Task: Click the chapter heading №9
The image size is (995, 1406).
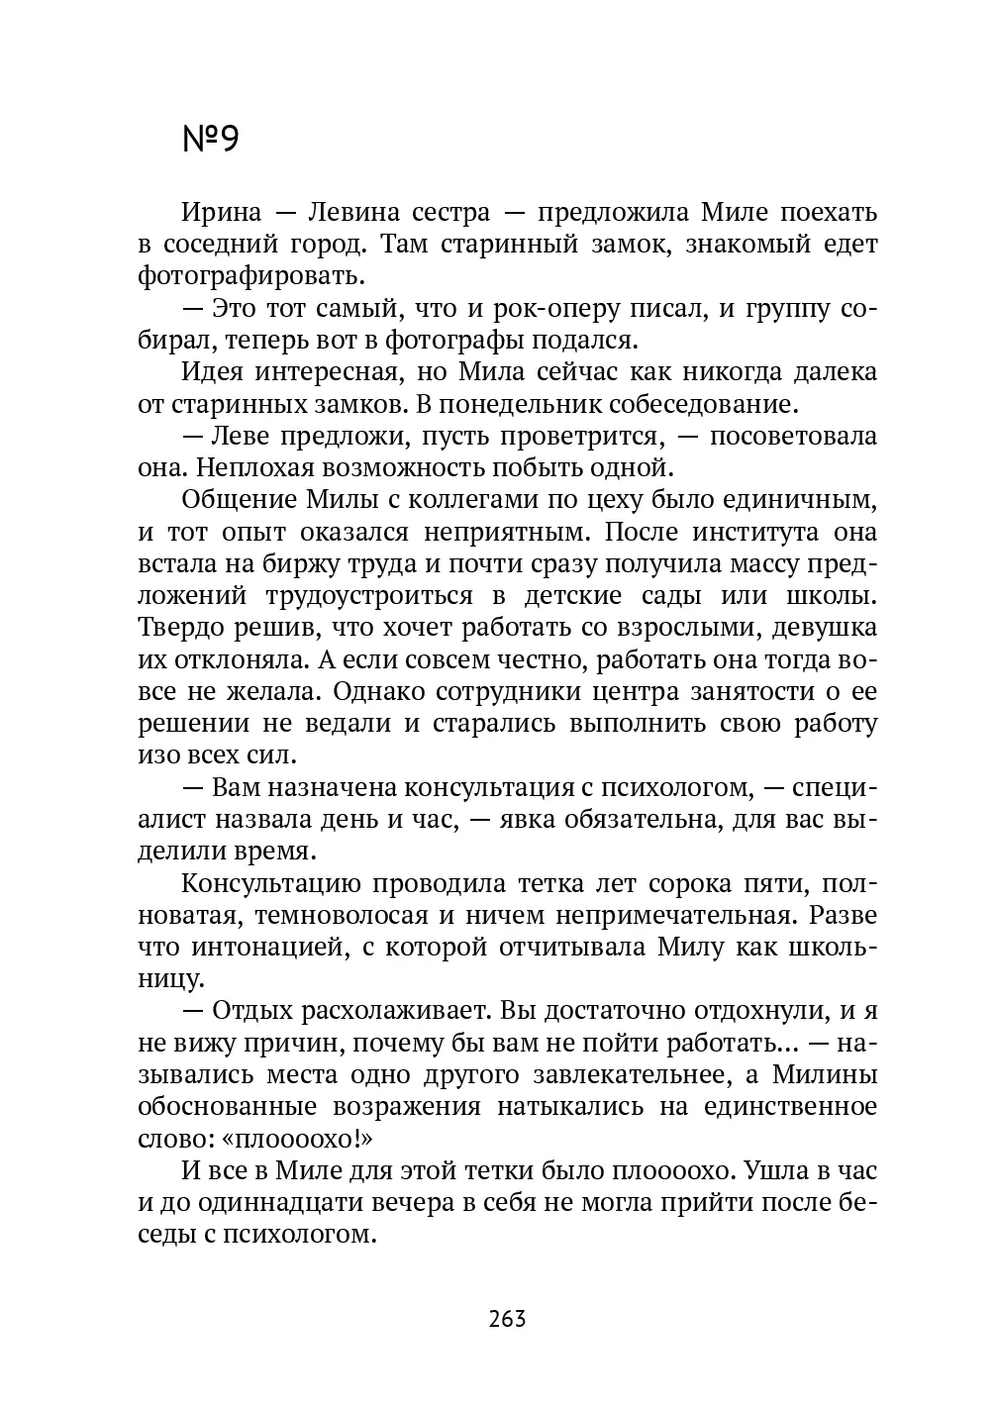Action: click(x=211, y=140)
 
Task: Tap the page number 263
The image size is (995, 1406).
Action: click(x=507, y=1318)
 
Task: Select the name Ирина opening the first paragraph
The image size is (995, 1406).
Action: click(x=222, y=212)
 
